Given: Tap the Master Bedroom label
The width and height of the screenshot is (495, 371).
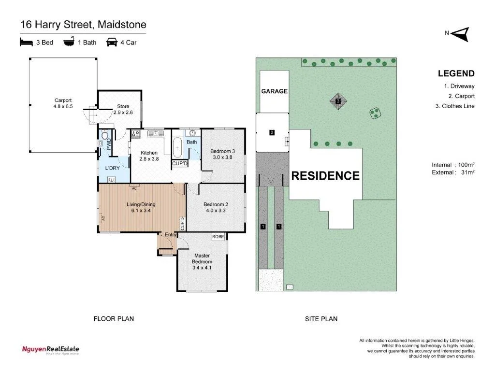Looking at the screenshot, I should tap(202, 258).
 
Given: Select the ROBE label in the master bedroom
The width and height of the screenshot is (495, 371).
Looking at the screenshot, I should tap(218, 237).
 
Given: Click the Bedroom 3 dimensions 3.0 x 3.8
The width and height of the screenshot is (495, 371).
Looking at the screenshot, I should tap(222, 157).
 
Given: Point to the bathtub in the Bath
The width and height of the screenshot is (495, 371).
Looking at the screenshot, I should tap(177, 147).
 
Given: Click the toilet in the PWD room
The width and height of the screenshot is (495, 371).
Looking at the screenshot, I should tap(103, 143).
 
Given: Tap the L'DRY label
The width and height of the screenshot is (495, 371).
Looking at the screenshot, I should tap(112, 168).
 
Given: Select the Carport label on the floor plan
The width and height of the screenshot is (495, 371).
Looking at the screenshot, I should tap(63, 100).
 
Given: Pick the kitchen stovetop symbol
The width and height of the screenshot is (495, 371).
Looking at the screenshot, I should tap(136, 135).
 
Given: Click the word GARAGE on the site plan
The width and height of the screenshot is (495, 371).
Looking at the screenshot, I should tap(274, 91).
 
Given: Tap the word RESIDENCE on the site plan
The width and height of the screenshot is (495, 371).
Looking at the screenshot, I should tap(325, 176).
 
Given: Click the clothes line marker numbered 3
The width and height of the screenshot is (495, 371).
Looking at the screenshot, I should tap(338, 101).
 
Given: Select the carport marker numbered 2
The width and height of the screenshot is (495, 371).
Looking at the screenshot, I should tap(272, 132).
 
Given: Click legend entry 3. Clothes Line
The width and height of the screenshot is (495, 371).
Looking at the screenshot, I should tap(455, 106).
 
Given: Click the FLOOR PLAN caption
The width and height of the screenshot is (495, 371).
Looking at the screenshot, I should tap(113, 318).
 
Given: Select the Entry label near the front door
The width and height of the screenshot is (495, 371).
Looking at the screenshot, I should tap(171, 235).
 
